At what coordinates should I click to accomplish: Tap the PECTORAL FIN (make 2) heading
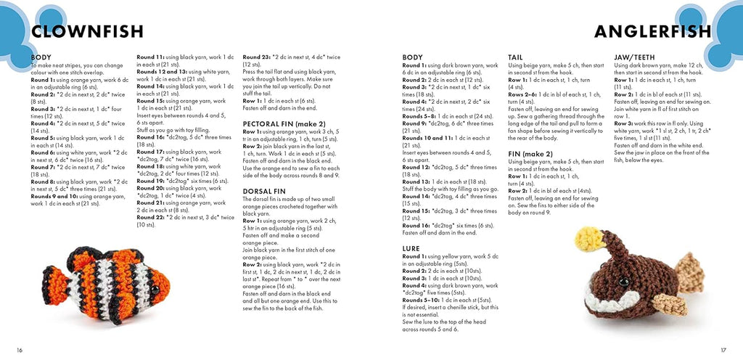pos(284,124)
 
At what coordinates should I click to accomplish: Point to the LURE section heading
pos(411,247)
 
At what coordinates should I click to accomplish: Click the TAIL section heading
pos(516,57)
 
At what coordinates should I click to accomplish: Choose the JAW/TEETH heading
pos(636,57)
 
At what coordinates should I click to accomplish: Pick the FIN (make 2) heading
pos(530,153)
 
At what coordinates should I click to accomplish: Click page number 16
pos(20,350)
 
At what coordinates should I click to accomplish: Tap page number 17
pos(723,350)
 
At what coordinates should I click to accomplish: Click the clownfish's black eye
pos(155,290)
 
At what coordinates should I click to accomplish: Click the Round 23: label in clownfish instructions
pos(258,57)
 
